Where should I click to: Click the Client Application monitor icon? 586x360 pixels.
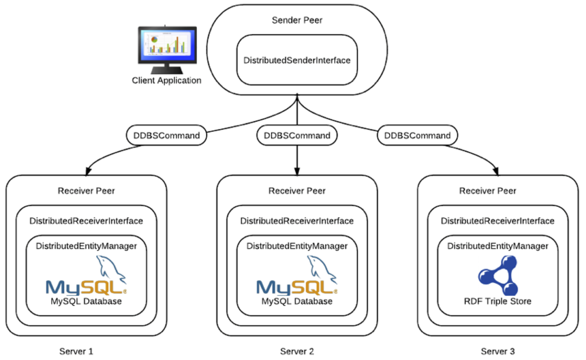(x=167, y=50)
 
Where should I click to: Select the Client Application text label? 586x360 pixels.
(x=167, y=80)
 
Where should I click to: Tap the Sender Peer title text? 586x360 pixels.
(x=297, y=20)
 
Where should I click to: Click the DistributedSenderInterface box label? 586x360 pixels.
(x=297, y=61)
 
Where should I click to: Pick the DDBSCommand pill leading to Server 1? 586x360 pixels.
(x=167, y=135)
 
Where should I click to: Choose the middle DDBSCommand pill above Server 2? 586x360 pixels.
(x=297, y=135)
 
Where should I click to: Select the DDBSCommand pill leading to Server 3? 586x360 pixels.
(x=417, y=135)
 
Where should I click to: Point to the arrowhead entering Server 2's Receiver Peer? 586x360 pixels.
(x=297, y=171)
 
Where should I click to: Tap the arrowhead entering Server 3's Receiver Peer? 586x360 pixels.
(x=496, y=171)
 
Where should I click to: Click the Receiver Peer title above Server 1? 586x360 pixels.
(x=86, y=191)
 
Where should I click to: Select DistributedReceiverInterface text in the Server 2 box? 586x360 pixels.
(x=297, y=221)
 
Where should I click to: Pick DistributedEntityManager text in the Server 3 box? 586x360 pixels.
(x=498, y=246)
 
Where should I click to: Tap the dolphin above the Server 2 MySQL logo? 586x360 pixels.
(x=322, y=269)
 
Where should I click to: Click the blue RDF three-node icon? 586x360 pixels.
(x=498, y=275)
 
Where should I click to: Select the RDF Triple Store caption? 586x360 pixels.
(x=498, y=301)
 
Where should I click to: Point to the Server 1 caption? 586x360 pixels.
(x=76, y=351)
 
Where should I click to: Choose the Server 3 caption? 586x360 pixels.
(x=498, y=351)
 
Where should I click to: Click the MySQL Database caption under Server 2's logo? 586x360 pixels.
(x=297, y=301)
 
